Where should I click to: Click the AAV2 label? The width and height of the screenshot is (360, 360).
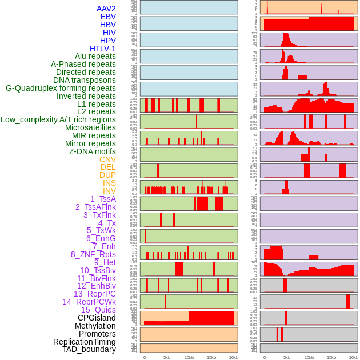[106, 9]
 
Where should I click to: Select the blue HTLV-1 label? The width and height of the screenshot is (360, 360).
[103, 49]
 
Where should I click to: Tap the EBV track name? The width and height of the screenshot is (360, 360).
[108, 17]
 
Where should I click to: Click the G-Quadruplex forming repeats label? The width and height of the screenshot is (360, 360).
[61, 88]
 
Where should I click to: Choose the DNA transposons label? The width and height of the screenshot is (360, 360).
[85, 80]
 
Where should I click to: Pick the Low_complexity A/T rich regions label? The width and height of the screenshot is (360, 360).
[58, 119]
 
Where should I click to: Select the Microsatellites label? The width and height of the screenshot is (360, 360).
[90, 127]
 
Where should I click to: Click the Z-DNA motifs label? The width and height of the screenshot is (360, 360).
[93, 151]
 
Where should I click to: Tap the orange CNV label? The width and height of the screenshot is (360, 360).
[107, 159]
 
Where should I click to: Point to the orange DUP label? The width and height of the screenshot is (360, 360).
[107, 175]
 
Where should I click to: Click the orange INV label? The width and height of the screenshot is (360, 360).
[109, 191]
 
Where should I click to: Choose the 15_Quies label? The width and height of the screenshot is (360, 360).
[98, 310]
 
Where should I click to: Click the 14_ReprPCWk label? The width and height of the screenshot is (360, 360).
[89, 302]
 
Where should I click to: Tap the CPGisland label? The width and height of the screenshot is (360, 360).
[97, 318]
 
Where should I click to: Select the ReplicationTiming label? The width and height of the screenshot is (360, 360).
[85, 342]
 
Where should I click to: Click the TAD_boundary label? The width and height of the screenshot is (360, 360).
[89, 349]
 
